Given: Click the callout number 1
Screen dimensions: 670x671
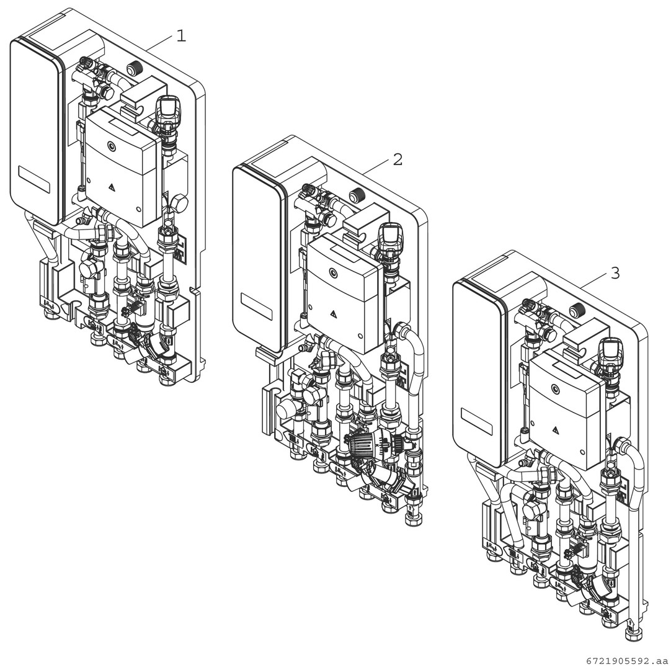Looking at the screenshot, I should pyautogui.click(x=180, y=36).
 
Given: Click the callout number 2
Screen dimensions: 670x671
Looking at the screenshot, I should pyautogui.click(x=398, y=159).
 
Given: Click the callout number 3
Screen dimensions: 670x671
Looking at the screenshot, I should pyautogui.click(x=615, y=273).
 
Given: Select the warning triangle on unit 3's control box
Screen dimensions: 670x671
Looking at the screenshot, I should pyautogui.click(x=556, y=430).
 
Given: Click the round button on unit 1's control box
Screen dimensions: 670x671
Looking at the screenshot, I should pyautogui.click(x=111, y=147).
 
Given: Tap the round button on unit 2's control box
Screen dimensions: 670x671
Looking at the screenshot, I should pyautogui.click(x=334, y=272).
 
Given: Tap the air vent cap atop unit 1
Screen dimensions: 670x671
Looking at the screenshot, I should pyautogui.click(x=167, y=107).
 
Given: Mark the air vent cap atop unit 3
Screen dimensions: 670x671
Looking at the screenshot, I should pyautogui.click(x=611, y=350).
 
